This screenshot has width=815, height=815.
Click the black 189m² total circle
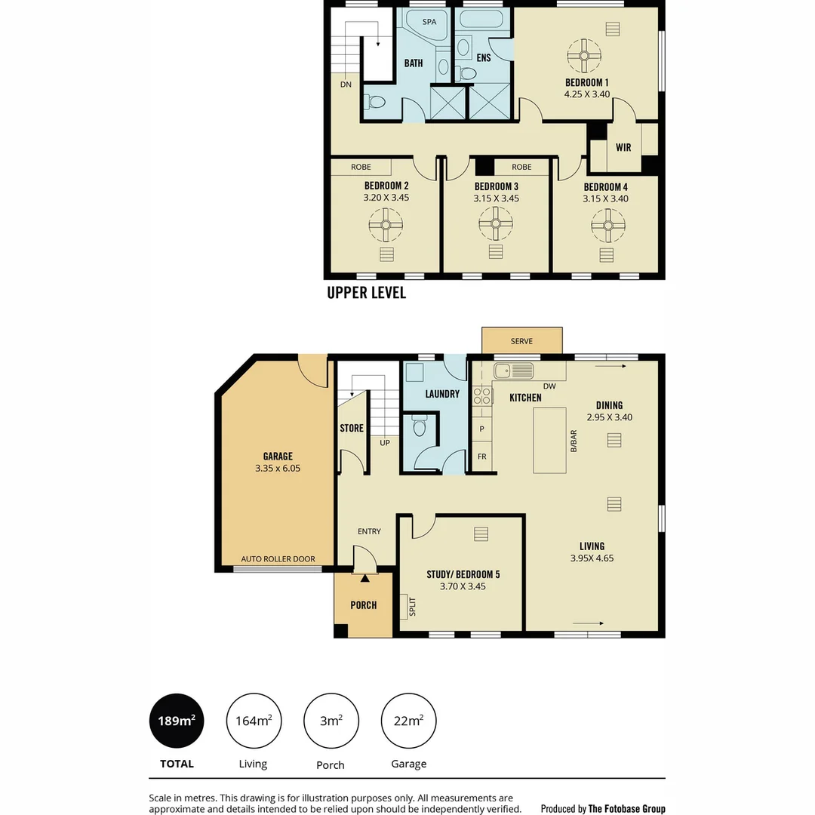[x=177, y=721]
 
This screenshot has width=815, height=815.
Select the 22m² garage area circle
[x=408, y=721]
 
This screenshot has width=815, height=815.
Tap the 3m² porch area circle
[x=331, y=721]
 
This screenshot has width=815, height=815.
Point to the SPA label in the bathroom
[x=429, y=22]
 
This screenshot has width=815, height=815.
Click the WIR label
[x=623, y=148]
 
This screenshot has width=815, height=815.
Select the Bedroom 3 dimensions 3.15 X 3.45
[x=496, y=198]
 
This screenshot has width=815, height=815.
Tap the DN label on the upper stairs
[x=346, y=85]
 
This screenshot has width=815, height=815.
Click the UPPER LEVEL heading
[x=366, y=293]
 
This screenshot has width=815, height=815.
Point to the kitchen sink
[x=514, y=371]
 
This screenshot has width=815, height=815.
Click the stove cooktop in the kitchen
[x=482, y=396]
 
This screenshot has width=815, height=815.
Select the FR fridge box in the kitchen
[x=481, y=457]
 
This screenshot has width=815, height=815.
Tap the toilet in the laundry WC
[x=420, y=427]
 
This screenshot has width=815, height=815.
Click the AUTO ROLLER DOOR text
[x=278, y=559]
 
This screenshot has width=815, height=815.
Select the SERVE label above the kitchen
[x=521, y=341]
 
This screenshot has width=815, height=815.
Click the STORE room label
[x=352, y=428]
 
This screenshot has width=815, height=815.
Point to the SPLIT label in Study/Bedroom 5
[x=412, y=607]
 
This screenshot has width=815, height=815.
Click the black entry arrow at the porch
[x=364, y=578]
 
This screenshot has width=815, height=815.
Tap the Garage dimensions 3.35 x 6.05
[x=278, y=469]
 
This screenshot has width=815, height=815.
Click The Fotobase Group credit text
[x=626, y=808]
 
